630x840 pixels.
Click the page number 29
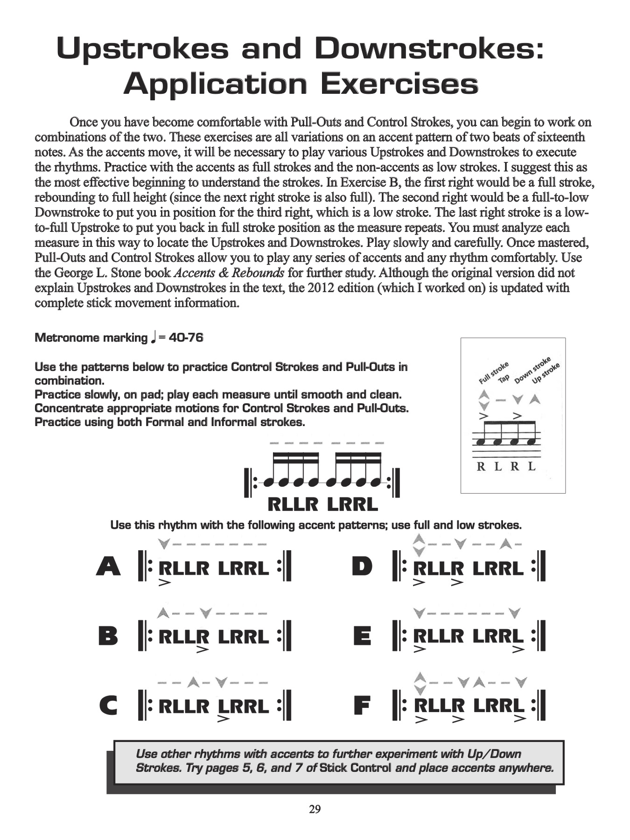[315, 809]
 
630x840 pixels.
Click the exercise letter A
[109, 567]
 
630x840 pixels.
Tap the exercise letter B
[109, 636]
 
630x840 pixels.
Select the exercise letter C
[109, 705]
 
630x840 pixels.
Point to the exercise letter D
[362, 567]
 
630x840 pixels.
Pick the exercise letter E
[363, 636]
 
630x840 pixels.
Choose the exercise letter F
[363, 705]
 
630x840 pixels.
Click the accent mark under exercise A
[165, 582]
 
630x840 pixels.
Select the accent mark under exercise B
[203, 650]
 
